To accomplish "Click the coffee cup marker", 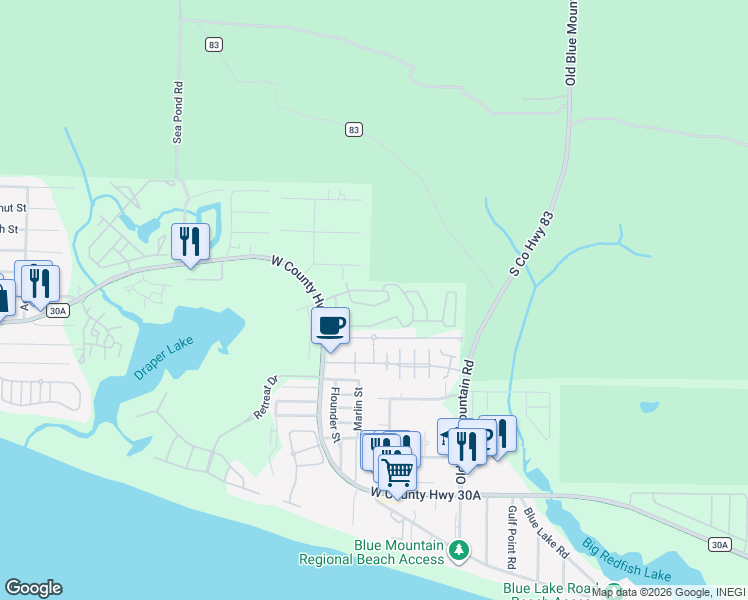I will click(330, 325).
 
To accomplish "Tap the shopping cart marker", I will click(398, 471).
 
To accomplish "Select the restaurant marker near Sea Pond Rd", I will click(188, 241).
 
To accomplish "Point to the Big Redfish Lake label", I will click(627, 559).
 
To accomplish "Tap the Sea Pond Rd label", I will click(178, 113).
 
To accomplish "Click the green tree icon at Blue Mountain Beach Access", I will click(458, 550).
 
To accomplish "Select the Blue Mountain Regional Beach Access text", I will click(371, 552).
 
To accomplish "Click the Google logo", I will click(33, 588).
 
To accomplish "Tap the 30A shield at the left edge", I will click(58, 311).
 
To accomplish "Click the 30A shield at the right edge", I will click(718, 544).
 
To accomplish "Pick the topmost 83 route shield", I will click(213, 44).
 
